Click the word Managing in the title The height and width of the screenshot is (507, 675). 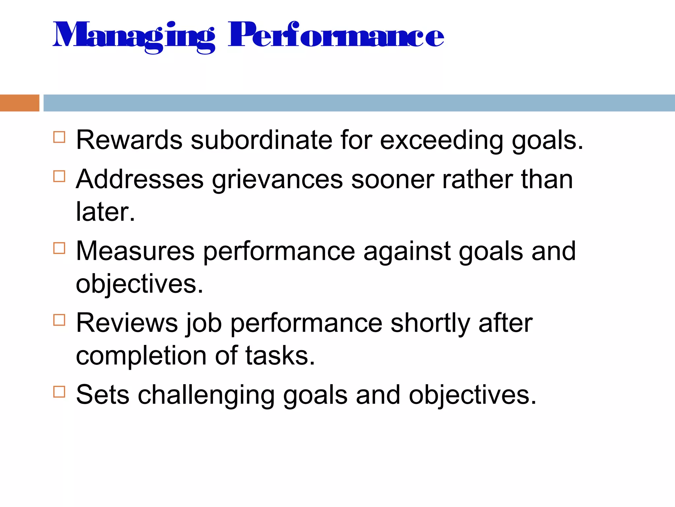click(133, 36)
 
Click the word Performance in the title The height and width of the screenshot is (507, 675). click(336, 35)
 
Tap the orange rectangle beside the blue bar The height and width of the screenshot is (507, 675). click(19, 103)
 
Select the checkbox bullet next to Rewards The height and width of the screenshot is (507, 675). click(59, 137)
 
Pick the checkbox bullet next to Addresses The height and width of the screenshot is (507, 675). click(59, 176)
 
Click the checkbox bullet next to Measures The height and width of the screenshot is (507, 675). click(59, 248)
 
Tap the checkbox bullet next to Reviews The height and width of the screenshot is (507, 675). click(59, 320)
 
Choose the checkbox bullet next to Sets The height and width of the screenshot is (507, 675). click(59, 392)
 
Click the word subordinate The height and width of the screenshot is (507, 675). click(261, 140)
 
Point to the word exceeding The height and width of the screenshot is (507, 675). click(441, 141)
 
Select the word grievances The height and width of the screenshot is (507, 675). click(277, 180)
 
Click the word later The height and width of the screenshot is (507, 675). click(105, 212)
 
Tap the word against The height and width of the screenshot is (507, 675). click(407, 252)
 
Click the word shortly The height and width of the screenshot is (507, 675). click(430, 323)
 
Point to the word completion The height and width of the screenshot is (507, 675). click(141, 356)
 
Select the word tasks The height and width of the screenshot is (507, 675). click(280, 355)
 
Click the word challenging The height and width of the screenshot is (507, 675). click(206, 395)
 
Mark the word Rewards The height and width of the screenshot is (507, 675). click(129, 140)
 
